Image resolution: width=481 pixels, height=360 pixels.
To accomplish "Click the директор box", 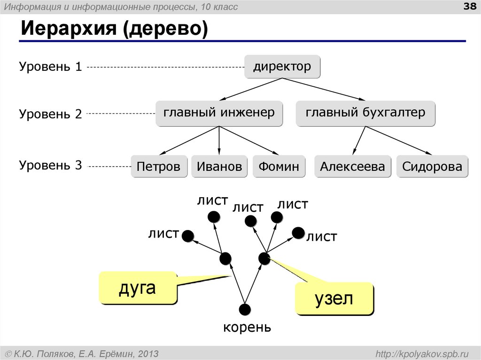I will point(282,67).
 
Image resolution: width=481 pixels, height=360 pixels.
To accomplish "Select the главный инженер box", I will point(219,113).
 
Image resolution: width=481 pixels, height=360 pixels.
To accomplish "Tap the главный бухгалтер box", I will point(365,113).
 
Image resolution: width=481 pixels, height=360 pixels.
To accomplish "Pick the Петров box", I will point(159,167).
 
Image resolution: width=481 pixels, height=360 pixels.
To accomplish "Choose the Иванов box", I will point(219,167).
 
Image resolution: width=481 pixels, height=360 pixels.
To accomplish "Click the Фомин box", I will point(279,167).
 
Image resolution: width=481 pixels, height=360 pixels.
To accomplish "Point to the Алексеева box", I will point(352,167).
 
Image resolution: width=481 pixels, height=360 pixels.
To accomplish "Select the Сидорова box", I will point(432,167).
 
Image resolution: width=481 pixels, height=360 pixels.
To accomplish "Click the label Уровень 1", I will point(51,67).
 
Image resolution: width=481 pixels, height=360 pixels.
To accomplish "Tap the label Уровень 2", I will point(51,114).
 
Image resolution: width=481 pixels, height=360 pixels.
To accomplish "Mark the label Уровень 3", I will point(51,166).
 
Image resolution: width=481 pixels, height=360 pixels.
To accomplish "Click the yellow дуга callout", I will point(137,287).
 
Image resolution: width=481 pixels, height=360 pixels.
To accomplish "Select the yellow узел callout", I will point(334,299).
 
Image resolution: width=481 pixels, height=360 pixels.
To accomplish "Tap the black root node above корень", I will point(245,309).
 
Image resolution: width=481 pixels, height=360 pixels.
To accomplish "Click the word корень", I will point(247,327).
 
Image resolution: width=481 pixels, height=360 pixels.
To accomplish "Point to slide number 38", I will point(470,6).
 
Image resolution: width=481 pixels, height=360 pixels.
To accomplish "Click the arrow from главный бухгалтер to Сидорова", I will point(402,140).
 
